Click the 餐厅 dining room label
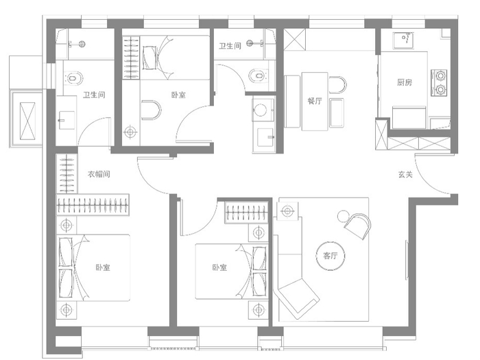[x=315, y=101]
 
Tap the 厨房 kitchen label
[x=405, y=82]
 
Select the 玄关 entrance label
[x=405, y=174]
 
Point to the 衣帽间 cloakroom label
[x=99, y=174]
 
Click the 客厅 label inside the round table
[x=331, y=256]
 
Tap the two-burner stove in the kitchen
[x=439, y=83]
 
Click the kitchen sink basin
[x=404, y=40]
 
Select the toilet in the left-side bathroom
[x=73, y=78]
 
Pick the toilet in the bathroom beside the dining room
[x=259, y=75]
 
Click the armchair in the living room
[x=357, y=226]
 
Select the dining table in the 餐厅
[x=315, y=101]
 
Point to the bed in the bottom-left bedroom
[x=93, y=268]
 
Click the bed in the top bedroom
[x=174, y=58]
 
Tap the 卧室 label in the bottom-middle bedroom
[x=219, y=267]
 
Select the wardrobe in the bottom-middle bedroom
[x=247, y=212]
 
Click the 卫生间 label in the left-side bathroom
[x=94, y=95]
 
